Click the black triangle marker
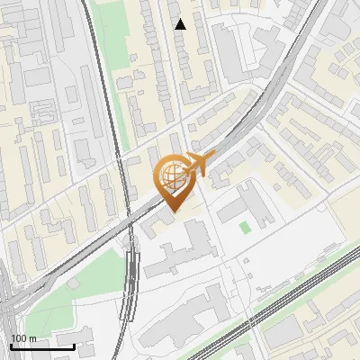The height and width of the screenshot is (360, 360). [x=181, y=24]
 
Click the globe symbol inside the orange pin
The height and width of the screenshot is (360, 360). [x=171, y=175]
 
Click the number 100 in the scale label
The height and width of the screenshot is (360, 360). [x=19, y=338]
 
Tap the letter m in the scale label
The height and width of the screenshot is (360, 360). [x=32, y=338]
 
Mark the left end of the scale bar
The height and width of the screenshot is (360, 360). [x=11, y=346]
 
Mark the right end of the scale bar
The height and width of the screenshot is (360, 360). [x=74, y=346]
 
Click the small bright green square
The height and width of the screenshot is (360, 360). [x=245, y=228]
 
